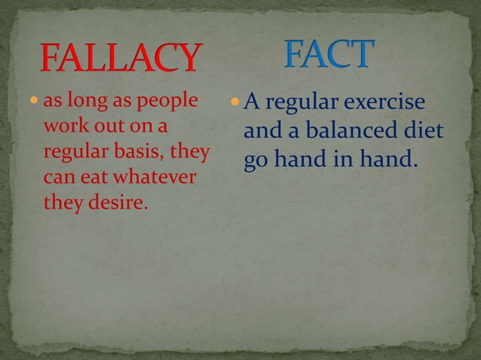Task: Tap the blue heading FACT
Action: click(329, 53)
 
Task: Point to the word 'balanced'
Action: click(337, 132)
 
